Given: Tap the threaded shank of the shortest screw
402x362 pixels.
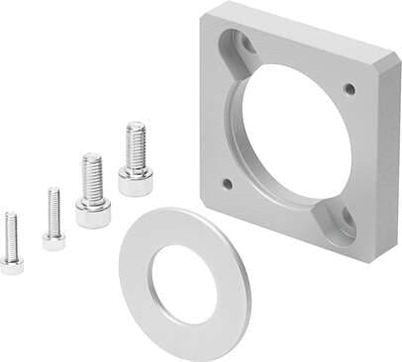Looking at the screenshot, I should (11, 233).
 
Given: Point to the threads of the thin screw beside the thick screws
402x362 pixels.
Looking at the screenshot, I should (53, 209).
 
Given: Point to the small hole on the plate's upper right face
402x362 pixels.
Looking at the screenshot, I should (350, 89).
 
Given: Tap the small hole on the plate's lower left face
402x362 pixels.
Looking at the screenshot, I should (228, 183).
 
